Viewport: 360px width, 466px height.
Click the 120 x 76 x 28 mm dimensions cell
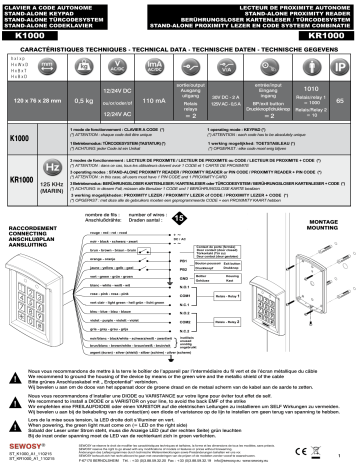click(38, 101)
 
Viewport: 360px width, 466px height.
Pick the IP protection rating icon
click(344, 67)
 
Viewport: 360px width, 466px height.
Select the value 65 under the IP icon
click(344, 101)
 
